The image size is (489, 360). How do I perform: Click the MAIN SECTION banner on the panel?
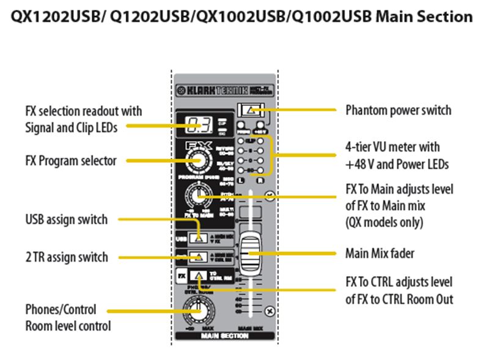coord(224,335)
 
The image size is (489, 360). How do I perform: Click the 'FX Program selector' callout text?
coord(71,161)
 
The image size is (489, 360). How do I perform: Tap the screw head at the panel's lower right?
coord(270,312)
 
